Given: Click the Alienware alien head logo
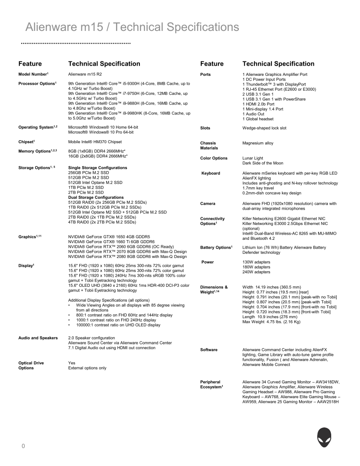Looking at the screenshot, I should click(x=324, y=437).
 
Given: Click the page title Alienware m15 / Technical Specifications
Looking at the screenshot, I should click(x=132, y=27).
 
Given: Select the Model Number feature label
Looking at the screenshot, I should click(x=35, y=74).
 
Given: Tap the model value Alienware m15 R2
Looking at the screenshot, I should click(x=85, y=74).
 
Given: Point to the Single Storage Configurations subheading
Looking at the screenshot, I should click(x=97, y=168).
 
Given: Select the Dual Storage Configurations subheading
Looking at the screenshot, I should click(x=96, y=197).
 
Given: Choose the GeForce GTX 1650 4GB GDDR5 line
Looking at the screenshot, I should click(x=109, y=237).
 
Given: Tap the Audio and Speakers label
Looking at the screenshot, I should click(x=38, y=338).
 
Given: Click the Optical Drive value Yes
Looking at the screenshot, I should click(x=72, y=363).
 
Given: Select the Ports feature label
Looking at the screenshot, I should click(x=205, y=74).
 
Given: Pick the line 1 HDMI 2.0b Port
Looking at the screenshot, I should click(x=258, y=104).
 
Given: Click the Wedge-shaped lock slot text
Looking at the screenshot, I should click(x=264, y=128).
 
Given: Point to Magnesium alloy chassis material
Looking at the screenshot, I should click(x=258, y=143).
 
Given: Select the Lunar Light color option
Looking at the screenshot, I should click(x=253, y=158).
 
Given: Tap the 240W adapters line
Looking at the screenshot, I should click(x=256, y=272).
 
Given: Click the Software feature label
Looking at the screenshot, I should click(x=209, y=350).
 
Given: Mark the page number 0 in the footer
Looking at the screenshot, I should click(x=24, y=446).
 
